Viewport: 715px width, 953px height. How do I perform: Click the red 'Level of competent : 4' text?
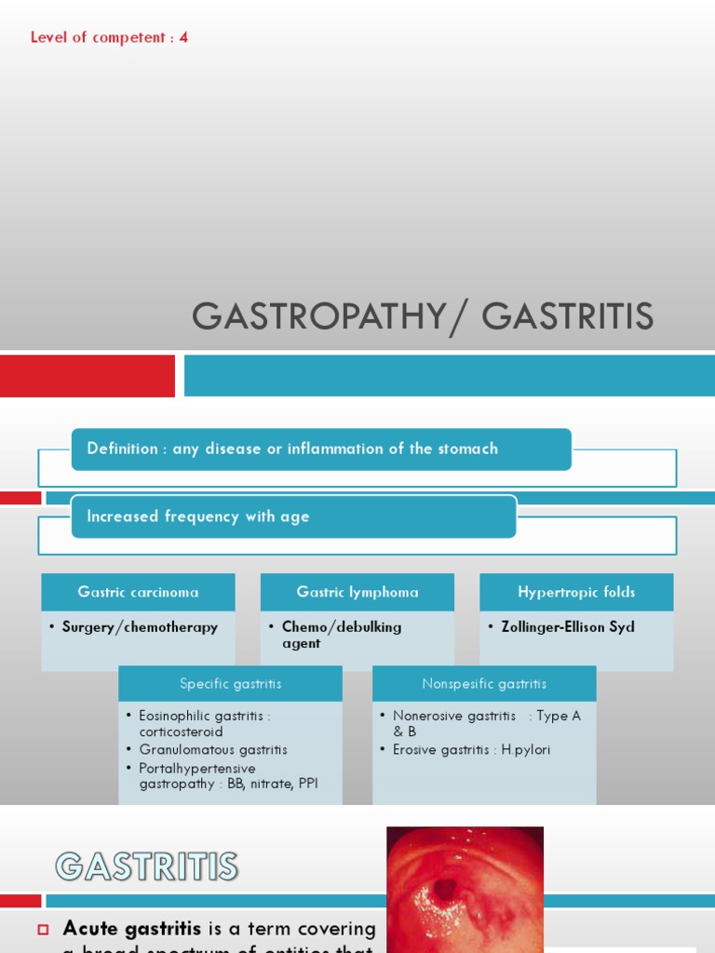pos(109,38)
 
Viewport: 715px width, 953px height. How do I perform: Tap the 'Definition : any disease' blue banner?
pos(321,450)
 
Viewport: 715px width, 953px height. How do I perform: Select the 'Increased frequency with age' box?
pos(293,517)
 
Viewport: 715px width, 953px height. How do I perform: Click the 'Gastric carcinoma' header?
pos(138,592)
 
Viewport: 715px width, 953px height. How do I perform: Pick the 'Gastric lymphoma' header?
pos(357,592)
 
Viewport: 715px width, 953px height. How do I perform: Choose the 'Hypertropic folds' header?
pos(576,592)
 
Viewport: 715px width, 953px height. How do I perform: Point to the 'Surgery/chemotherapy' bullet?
pos(140,627)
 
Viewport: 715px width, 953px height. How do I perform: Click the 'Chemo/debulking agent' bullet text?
pos(342,635)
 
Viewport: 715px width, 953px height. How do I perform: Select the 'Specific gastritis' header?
pos(230,684)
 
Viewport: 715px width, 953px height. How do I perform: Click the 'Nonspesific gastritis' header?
pos(484,684)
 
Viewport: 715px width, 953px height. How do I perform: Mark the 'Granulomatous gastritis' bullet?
pos(213,750)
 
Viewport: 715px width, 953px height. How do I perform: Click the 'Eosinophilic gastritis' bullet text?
pos(205,724)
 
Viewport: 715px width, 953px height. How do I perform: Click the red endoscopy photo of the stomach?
pos(465,890)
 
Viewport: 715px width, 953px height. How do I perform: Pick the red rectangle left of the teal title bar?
pos(88,376)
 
